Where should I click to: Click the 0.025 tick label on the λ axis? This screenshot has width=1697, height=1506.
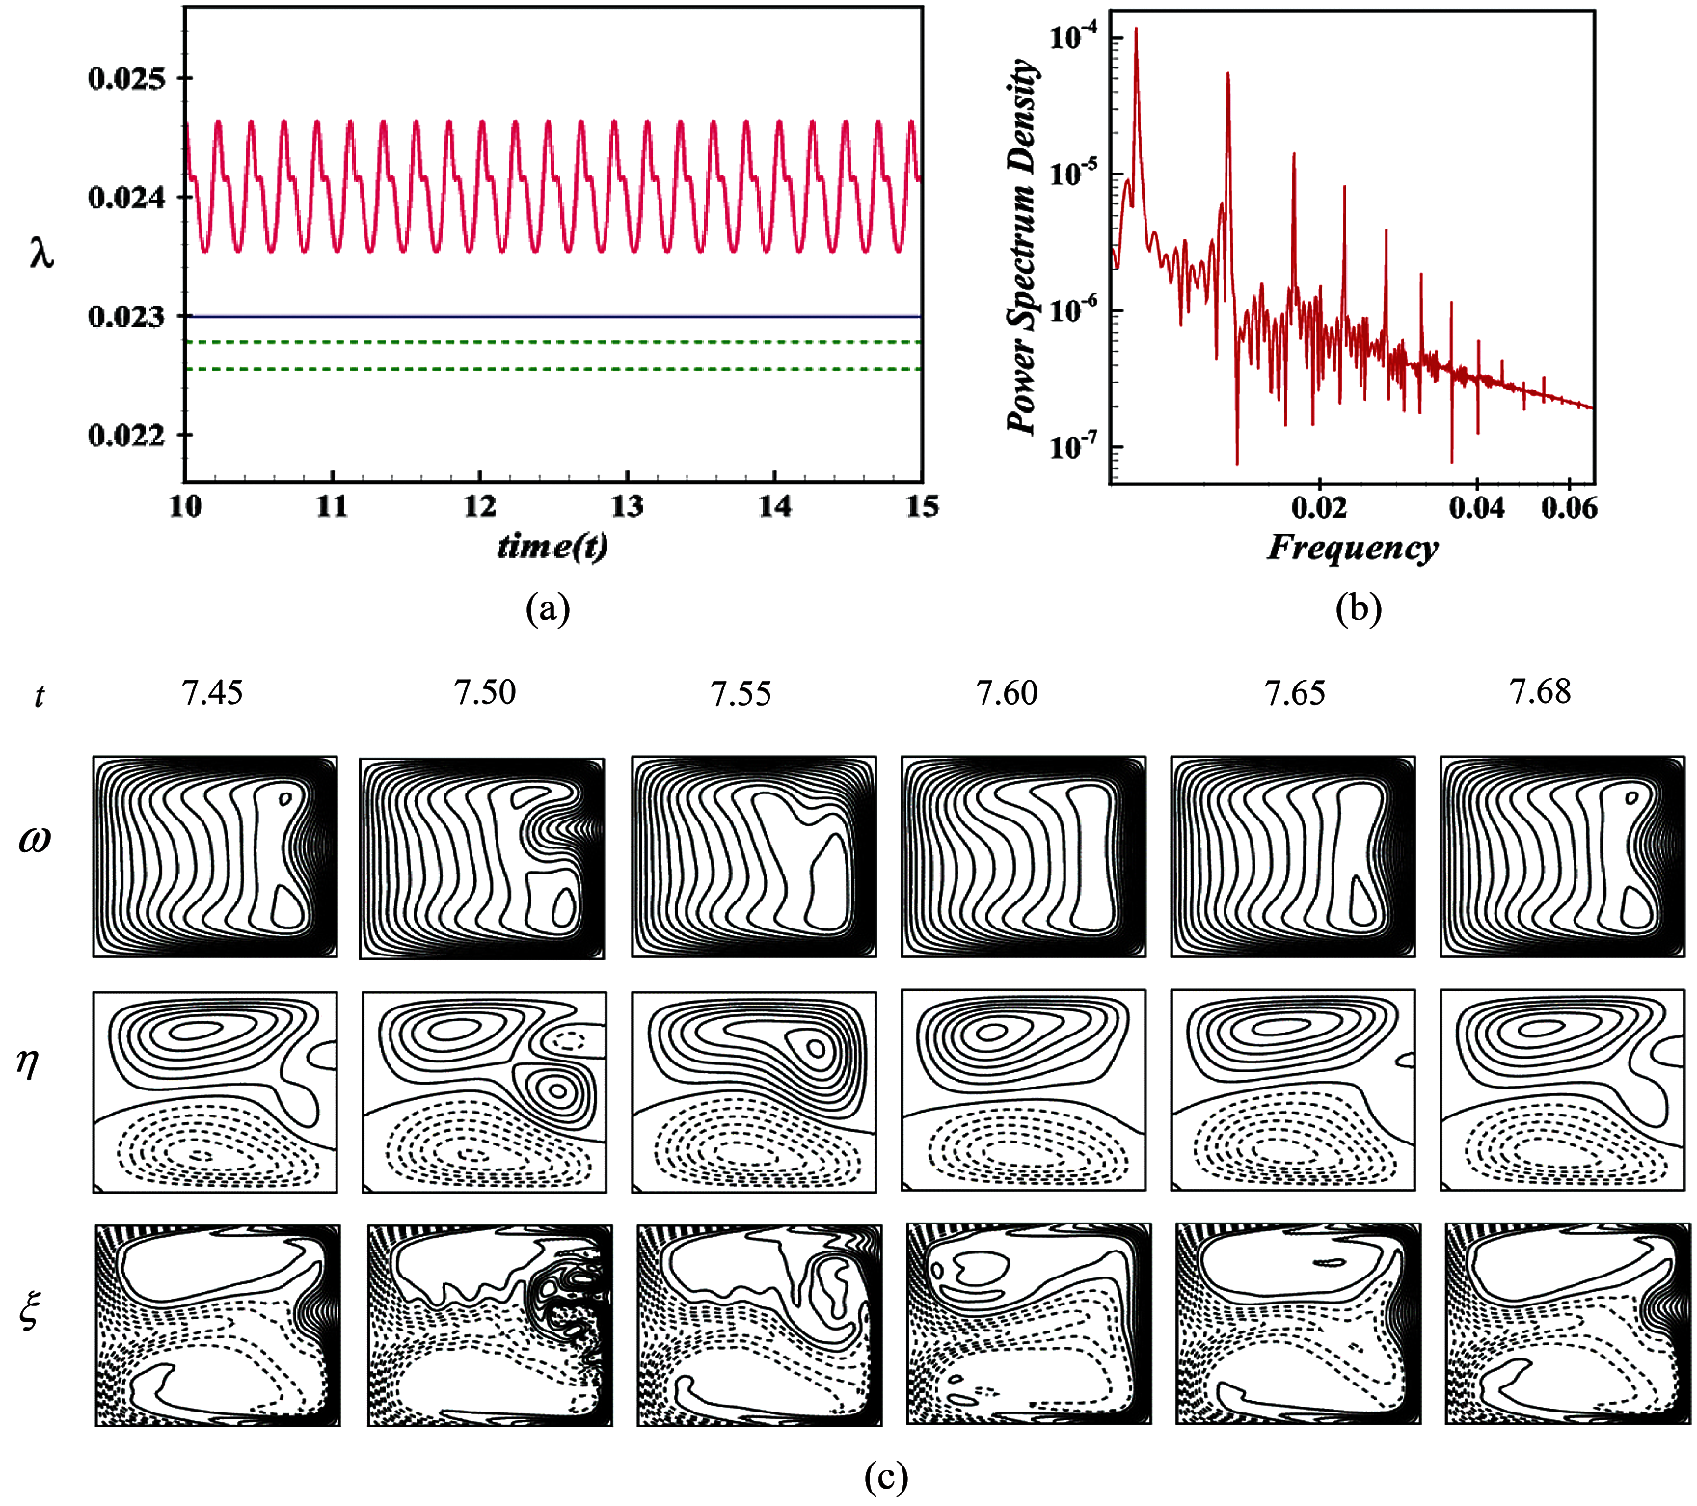coord(126,78)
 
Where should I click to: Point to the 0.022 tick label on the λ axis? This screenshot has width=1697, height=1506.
coord(126,436)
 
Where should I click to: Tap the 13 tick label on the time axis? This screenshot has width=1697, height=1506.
coord(628,506)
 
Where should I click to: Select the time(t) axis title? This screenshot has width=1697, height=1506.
coord(552,547)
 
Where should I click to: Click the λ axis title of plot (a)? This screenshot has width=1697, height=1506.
coord(41,254)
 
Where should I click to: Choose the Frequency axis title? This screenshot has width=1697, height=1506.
coord(1352,548)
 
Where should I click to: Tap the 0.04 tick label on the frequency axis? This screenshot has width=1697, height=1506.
coord(1476,507)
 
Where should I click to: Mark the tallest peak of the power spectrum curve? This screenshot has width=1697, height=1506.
coord(1136,30)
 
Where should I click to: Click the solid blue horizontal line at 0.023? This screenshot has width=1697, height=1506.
coord(552,316)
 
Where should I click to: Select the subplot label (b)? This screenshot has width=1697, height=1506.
coord(1359,608)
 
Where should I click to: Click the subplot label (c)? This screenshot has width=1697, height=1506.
coord(885,1476)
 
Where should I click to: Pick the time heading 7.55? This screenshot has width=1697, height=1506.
coord(741,693)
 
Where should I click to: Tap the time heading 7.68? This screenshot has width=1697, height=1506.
coord(1540,691)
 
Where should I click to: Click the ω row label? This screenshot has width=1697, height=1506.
coord(35,840)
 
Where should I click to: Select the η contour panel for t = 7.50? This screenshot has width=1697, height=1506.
coord(484,1091)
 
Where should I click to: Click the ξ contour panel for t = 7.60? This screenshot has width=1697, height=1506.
coord(1028,1325)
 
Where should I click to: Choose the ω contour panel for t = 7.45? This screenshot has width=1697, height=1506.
coord(215,857)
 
